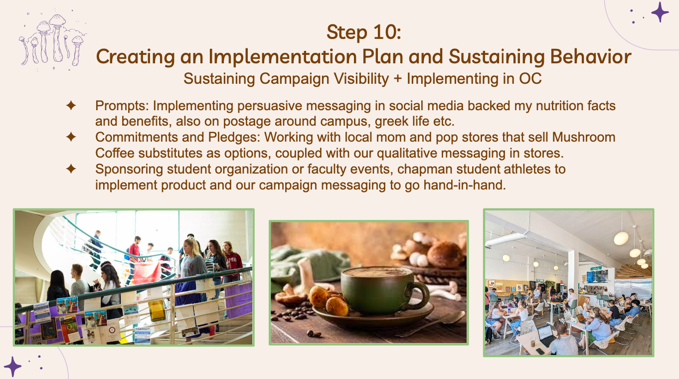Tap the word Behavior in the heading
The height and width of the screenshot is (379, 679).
[591, 57]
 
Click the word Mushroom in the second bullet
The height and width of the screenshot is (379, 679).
[583, 137]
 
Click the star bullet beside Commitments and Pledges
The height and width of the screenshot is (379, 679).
[71, 137]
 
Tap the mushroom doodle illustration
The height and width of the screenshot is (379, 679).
[52, 40]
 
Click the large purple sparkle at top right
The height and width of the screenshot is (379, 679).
[660, 12]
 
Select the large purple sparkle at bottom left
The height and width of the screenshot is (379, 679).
[12, 367]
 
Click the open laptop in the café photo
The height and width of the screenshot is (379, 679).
[545, 335]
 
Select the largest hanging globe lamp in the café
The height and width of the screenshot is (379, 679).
[621, 238]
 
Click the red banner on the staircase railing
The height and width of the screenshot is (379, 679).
[147, 272]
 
